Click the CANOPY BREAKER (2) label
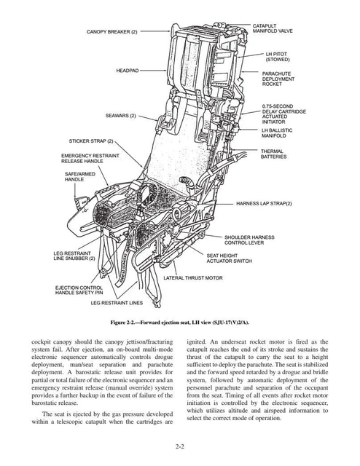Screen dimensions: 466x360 (111, 32)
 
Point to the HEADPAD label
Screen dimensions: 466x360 (128, 71)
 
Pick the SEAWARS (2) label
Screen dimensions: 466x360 (120, 116)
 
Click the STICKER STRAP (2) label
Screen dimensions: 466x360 (91, 140)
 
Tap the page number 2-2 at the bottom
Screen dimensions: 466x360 (179, 445)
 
